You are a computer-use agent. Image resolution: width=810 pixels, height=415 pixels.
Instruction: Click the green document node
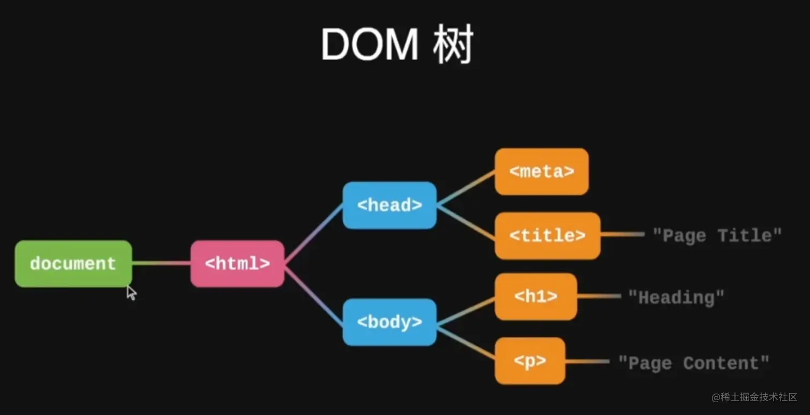pyautogui.click(x=73, y=263)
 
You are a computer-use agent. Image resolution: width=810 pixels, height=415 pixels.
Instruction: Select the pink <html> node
pyautogui.click(x=237, y=263)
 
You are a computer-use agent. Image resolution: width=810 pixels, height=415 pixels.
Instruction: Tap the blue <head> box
pyautogui.click(x=389, y=205)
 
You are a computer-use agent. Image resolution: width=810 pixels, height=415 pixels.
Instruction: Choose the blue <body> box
pyautogui.click(x=389, y=322)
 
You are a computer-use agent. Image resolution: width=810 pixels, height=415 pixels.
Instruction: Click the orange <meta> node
pyautogui.click(x=542, y=172)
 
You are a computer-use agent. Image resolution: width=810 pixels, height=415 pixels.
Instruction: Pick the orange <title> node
pyautogui.click(x=547, y=235)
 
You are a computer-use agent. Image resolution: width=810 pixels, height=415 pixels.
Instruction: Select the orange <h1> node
pyautogui.click(x=536, y=297)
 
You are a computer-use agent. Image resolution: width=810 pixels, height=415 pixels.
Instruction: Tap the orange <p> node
pyautogui.click(x=530, y=361)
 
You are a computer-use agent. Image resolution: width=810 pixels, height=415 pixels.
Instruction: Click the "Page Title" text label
pyautogui.click(x=717, y=235)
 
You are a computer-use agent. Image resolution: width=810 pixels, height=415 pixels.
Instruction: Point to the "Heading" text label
pyautogui.click(x=676, y=297)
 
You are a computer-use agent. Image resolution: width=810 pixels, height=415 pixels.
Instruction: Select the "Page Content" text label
pyautogui.click(x=694, y=363)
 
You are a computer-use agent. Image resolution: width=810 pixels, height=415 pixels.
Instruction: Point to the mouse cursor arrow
pyautogui.click(x=131, y=292)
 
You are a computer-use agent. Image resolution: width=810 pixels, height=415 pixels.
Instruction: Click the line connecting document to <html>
pyautogui.click(x=161, y=263)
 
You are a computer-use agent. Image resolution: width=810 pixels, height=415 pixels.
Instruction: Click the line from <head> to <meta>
pyautogui.click(x=466, y=188)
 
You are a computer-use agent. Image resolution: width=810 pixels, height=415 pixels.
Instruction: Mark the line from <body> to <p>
pyautogui.click(x=466, y=342)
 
